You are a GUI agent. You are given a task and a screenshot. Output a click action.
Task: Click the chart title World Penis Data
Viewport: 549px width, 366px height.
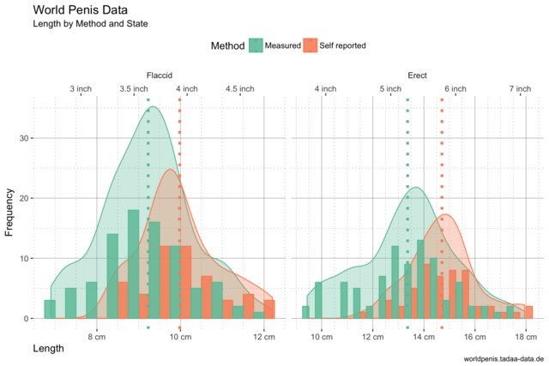click(81, 9)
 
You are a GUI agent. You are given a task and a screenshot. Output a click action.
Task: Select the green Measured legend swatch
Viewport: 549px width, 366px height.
click(256, 45)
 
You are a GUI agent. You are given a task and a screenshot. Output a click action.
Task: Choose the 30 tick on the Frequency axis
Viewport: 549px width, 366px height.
click(24, 138)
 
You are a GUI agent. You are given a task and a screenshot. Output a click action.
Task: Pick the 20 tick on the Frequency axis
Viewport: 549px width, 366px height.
click(24, 198)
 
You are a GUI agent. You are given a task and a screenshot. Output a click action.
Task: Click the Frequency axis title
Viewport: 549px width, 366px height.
click(10, 213)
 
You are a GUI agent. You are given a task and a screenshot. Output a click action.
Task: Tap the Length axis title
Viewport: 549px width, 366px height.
click(49, 349)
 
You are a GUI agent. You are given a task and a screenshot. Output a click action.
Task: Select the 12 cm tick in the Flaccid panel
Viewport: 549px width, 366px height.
click(263, 338)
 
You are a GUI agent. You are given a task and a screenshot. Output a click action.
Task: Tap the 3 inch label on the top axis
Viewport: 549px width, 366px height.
click(81, 88)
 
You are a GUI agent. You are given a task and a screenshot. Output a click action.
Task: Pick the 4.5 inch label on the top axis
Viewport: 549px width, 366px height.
click(239, 88)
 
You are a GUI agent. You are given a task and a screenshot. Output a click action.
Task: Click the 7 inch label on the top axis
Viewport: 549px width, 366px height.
click(519, 88)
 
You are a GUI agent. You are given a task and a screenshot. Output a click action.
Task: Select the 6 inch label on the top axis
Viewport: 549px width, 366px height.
click(455, 88)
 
